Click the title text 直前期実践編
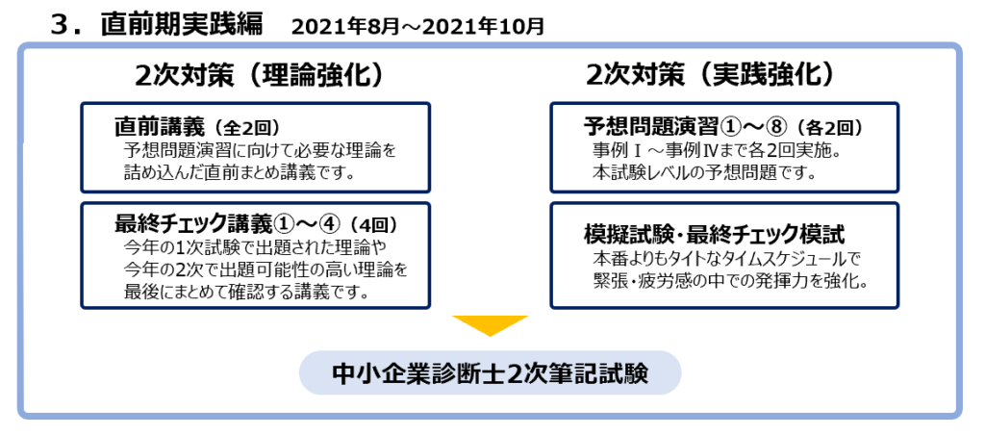point(182,24)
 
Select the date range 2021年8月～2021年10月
point(417,26)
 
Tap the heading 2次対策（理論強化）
point(259,75)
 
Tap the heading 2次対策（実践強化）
point(711,75)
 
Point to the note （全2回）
point(243,129)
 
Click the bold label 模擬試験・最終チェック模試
point(714,235)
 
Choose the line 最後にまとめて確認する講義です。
point(245,292)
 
